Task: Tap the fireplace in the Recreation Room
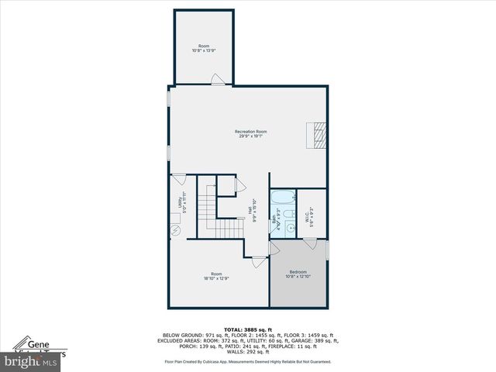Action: pyautogui.click(x=316, y=134)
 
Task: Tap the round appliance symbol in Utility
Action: pyautogui.click(x=175, y=230)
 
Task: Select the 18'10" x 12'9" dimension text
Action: pyautogui.click(x=216, y=277)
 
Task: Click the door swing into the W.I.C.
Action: pyautogui.click(x=309, y=245)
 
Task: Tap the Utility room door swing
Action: pyautogui.click(x=178, y=179)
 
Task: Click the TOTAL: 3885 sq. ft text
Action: pyautogui.click(x=248, y=329)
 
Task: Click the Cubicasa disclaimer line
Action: pyautogui.click(x=248, y=362)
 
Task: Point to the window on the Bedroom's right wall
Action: pyautogui.click(x=328, y=250)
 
